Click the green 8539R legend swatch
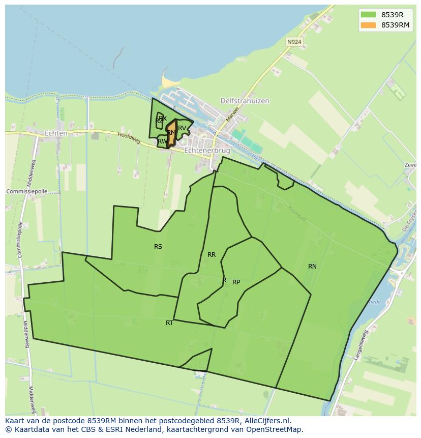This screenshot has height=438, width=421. tap(368, 14)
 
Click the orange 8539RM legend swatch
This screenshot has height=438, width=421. tap(368, 25)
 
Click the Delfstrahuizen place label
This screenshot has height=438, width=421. tap(245, 101)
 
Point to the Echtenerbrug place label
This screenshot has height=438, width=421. tap(207, 151)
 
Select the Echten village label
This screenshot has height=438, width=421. tap(56, 133)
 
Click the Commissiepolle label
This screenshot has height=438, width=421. tap(26, 191)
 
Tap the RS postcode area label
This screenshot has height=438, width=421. tap(158, 247)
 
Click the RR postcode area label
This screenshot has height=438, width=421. tap(212, 255)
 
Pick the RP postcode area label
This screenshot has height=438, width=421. tap(236, 282)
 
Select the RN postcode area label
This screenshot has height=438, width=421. tap(312, 267)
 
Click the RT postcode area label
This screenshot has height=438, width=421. tap(169, 323)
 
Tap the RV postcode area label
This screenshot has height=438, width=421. tap(182, 128)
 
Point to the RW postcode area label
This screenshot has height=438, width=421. tap(162, 141)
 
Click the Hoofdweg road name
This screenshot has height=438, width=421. tap(129, 138)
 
